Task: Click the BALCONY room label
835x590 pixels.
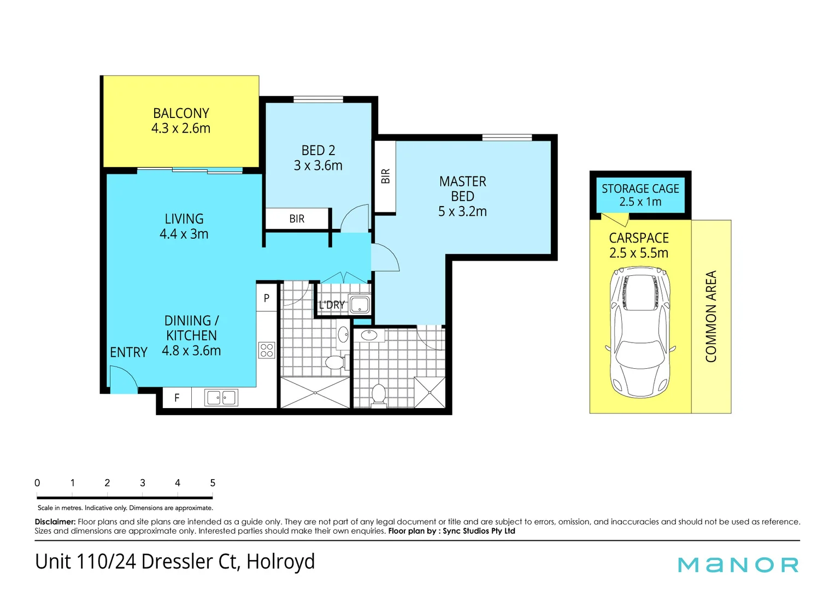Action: [x=181, y=113]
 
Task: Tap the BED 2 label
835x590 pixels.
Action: [x=318, y=150]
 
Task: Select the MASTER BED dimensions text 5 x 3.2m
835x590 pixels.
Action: [x=462, y=211]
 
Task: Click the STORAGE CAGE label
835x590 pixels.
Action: [x=640, y=188]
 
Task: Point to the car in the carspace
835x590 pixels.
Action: [x=640, y=332]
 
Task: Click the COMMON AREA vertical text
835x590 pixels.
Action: [x=710, y=316]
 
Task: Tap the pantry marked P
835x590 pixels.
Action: [x=267, y=298]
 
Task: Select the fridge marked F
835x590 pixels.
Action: [x=177, y=398]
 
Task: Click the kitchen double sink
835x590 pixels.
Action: [x=221, y=398]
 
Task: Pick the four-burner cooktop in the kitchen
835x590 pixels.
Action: [x=267, y=350]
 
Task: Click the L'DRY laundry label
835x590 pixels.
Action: [x=332, y=305]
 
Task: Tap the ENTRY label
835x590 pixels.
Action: [x=129, y=352]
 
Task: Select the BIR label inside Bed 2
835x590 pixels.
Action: [x=297, y=219]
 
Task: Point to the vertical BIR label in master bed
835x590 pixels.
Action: [x=385, y=176]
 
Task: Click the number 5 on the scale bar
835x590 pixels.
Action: [x=213, y=483]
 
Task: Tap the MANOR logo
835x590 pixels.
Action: [x=738, y=565]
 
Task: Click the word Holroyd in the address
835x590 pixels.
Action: [x=280, y=562]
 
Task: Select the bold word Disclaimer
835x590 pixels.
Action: [x=55, y=522]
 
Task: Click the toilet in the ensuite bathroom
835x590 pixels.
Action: [x=378, y=394]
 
